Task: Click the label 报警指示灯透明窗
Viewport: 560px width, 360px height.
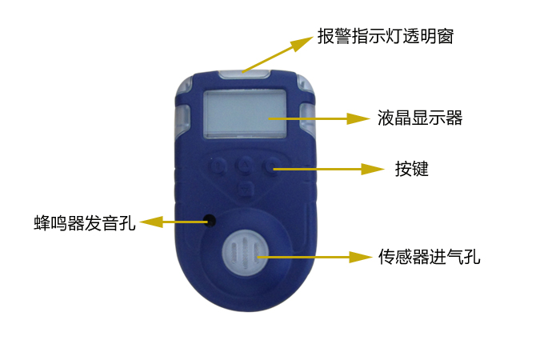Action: [x=386, y=36]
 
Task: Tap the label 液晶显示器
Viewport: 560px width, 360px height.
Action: [x=420, y=118]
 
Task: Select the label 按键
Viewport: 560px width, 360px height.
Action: [x=411, y=169]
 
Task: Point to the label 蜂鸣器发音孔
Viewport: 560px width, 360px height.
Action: [x=85, y=223]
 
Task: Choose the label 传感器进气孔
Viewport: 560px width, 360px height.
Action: [x=429, y=257]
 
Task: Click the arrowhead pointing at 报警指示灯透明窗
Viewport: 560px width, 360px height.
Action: [x=301, y=42]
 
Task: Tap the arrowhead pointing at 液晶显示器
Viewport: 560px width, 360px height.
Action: [x=358, y=118]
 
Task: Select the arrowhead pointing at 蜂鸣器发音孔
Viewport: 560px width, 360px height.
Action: [x=151, y=222]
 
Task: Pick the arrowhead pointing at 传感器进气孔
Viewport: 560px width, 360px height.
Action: [x=360, y=257]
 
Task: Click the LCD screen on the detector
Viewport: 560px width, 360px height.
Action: [x=245, y=114]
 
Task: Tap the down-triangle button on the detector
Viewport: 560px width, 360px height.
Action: [x=245, y=188]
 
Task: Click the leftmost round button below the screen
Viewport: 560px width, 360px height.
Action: [x=218, y=166]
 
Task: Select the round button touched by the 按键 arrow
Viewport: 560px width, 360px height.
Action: [x=271, y=166]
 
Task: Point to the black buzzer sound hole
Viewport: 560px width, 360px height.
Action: [x=210, y=221]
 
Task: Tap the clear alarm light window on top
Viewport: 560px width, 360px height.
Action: [x=244, y=74]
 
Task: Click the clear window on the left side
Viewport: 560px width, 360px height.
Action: [x=182, y=118]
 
